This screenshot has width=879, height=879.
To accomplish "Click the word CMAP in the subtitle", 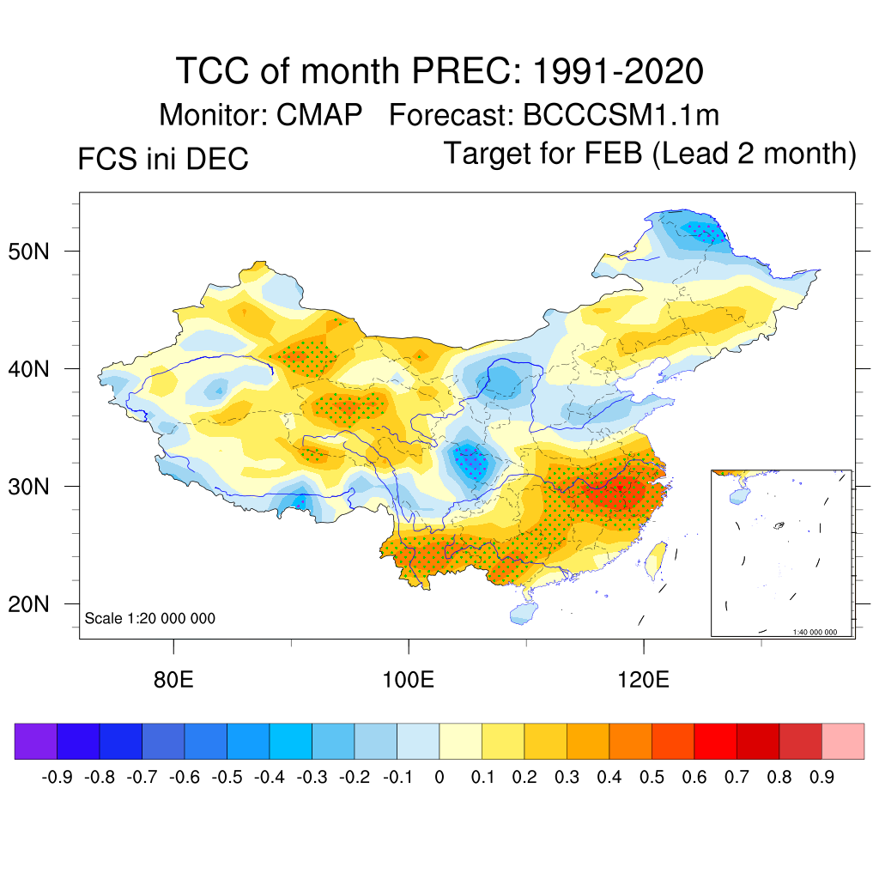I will pos(319,115).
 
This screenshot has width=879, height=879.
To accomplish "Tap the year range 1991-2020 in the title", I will pos(618,70).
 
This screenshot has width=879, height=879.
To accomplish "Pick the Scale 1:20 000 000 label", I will pos(150,618).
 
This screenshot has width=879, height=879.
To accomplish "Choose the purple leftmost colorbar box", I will pos(35,741).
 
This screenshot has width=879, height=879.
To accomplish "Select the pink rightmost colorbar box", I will pos(843,741).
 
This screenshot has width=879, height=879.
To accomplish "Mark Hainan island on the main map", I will pos(522,612).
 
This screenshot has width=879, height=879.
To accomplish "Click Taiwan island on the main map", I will pos(657,556).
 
